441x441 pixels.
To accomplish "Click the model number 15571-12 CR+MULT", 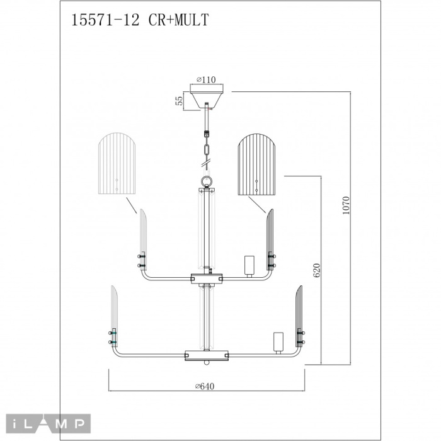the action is click(140, 20).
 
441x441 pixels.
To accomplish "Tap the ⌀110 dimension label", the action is click(206, 79).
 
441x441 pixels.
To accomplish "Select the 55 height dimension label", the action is click(179, 101).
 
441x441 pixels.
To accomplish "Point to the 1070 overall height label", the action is click(346, 205).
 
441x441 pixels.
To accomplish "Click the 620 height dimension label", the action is click(317, 270).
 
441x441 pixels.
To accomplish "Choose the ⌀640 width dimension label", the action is click(205, 386).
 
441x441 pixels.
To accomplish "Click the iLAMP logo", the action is click(49, 424).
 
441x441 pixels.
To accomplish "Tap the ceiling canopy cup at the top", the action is click(207, 97).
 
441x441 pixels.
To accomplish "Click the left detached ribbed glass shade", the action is click(117, 164).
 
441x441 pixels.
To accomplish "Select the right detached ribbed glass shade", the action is click(257, 164).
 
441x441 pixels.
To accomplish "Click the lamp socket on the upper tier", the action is click(249, 266).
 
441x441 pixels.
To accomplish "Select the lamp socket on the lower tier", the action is click(278, 343).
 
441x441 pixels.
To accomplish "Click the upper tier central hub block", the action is click(207, 278).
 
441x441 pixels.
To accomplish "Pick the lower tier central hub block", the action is click(207, 355).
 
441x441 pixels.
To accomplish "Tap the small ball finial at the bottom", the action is click(207, 363).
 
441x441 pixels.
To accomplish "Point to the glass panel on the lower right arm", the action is click(299, 316).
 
